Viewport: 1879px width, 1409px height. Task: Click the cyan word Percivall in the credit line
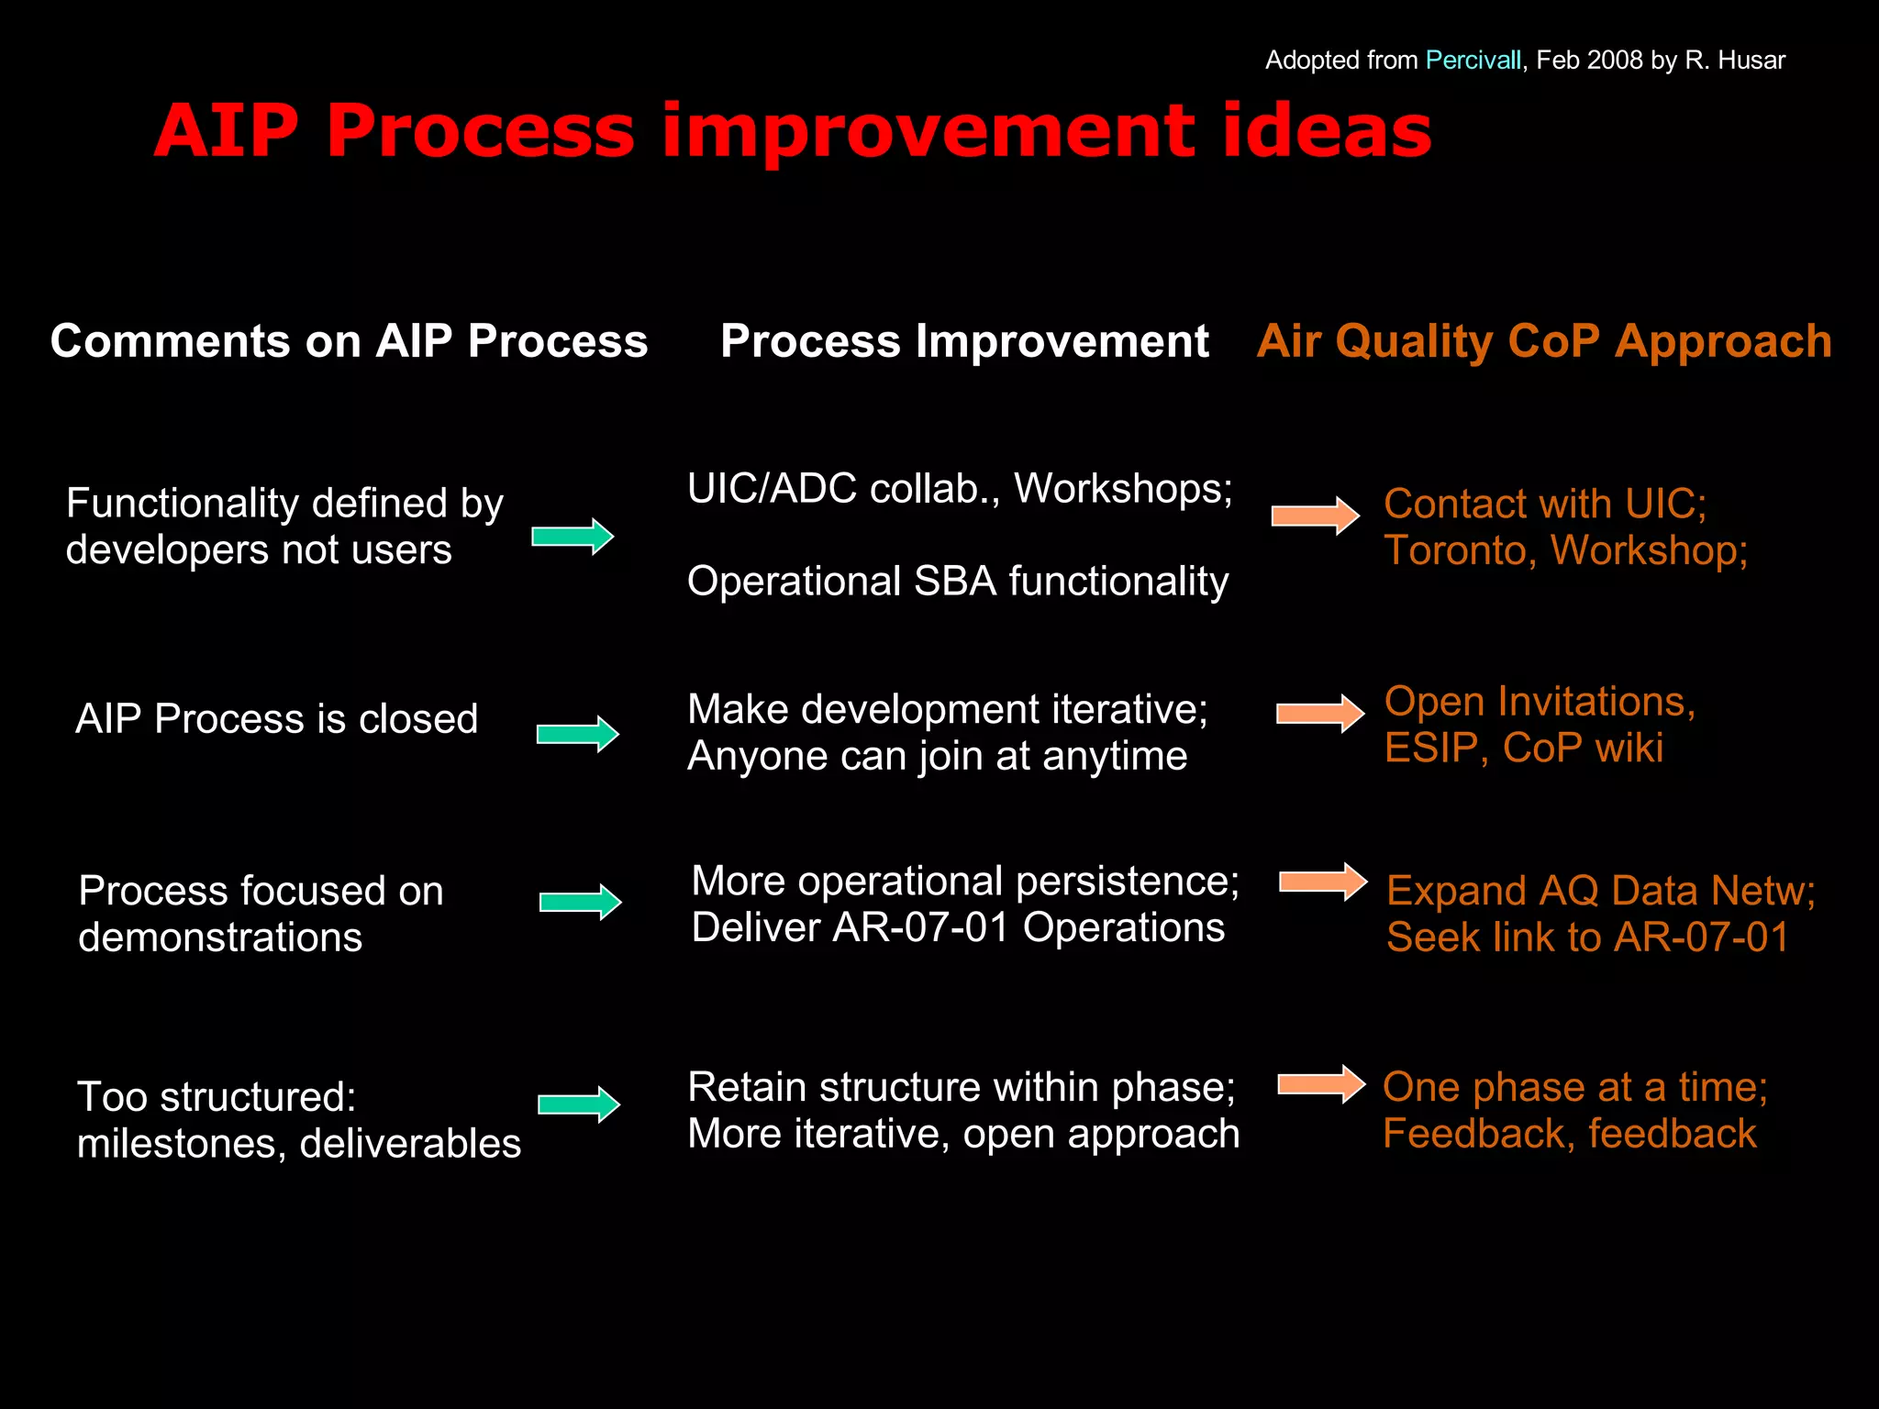point(1473,61)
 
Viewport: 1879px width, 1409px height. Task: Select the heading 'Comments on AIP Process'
point(349,341)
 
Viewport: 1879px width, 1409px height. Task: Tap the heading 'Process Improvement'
point(964,341)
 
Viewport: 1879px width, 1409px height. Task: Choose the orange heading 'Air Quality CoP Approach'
point(1543,341)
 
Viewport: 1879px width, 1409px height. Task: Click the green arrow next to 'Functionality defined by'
point(573,537)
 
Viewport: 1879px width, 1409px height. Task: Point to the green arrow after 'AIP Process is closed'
point(578,734)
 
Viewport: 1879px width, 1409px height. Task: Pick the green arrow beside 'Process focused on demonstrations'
point(581,903)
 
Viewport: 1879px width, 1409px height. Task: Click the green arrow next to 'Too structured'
point(579,1104)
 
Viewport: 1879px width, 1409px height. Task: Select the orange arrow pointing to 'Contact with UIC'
point(1315,516)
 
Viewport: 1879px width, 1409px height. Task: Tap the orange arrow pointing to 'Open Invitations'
point(1320,714)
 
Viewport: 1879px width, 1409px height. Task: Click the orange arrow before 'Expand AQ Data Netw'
point(1323,882)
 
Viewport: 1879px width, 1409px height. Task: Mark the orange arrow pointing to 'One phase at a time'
point(1321,1084)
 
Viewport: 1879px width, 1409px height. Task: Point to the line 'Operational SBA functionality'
point(957,582)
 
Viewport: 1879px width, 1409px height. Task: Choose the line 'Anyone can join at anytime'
point(937,757)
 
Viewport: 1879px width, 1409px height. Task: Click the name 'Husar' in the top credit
point(1751,61)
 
